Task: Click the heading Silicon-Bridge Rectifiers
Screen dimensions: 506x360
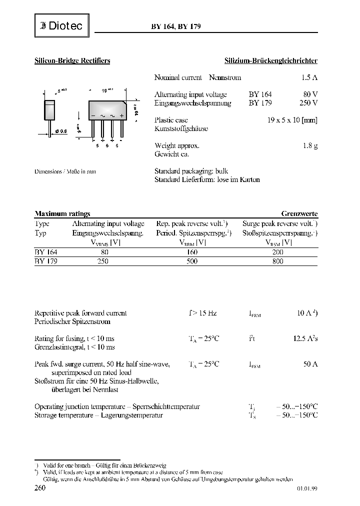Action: click(x=72, y=60)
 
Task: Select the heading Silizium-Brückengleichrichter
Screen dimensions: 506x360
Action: click(x=270, y=60)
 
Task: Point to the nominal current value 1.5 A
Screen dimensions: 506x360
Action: click(x=309, y=77)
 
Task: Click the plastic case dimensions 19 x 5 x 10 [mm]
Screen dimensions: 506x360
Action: click(x=292, y=120)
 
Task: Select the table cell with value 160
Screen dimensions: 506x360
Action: click(x=191, y=252)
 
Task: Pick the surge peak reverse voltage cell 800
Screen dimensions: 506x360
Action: click(x=277, y=261)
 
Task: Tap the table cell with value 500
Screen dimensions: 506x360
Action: click(x=191, y=261)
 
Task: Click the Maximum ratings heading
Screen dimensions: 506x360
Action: click(x=62, y=213)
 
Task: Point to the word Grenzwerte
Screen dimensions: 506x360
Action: click(x=299, y=213)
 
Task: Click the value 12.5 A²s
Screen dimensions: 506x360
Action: click(x=305, y=338)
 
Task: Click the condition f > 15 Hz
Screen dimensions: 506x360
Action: click(x=202, y=313)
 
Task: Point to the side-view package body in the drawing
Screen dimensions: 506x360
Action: click(x=49, y=110)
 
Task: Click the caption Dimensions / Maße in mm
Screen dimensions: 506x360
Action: click(x=65, y=171)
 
